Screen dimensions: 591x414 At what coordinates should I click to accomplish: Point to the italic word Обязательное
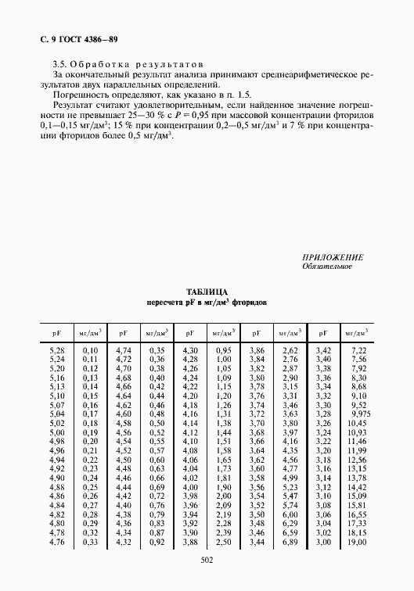327,267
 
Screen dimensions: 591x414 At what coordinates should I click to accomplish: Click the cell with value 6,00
290,514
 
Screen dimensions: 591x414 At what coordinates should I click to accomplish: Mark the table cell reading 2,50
223,542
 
